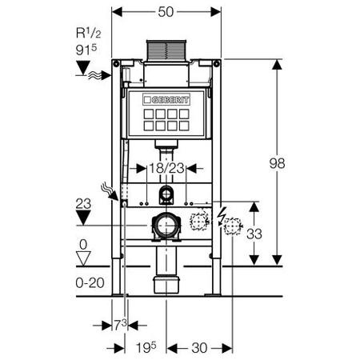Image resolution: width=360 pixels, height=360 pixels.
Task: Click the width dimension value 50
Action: [166, 12]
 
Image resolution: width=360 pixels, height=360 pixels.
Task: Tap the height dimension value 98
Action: [277, 163]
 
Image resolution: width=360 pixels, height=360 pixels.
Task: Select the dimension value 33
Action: [254, 234]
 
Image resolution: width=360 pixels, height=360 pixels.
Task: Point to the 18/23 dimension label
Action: [166, 168]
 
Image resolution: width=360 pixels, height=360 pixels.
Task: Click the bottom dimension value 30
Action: [199, 348]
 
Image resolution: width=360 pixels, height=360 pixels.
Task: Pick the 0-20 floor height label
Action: [90, 282]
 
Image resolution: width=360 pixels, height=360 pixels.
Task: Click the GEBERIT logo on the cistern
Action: [166, 100]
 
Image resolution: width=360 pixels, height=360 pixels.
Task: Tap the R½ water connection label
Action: [89, 33]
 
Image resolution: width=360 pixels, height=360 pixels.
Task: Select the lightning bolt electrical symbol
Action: [221, 216]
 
